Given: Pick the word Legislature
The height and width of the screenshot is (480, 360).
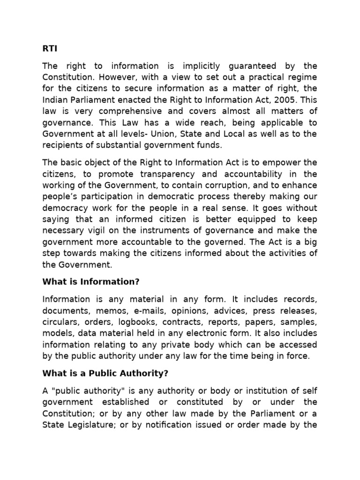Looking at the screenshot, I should click(x=87, y=425).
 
